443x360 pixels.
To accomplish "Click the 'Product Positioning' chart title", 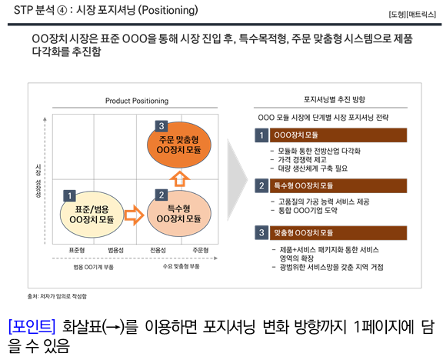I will coord(137,102).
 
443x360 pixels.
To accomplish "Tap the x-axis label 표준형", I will coord(77,250).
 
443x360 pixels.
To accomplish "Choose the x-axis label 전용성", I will coord(158,250).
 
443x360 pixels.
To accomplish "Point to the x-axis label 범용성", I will coord(116,250).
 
